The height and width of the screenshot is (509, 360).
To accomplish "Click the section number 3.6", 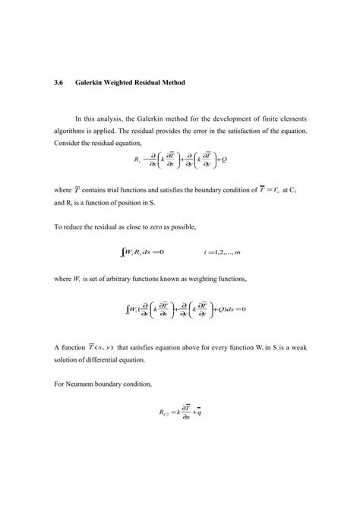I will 60,81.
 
